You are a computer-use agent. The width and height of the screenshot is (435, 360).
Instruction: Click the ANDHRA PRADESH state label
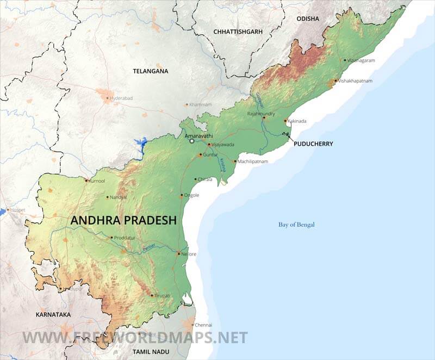point(124,220)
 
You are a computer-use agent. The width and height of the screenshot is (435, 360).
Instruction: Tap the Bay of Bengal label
point(296,225)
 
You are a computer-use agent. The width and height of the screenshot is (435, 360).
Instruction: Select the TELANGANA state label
point(151,71)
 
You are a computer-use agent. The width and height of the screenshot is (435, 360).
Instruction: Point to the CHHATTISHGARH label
point(238,32)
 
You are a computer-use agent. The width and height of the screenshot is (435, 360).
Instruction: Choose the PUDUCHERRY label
point(313,144)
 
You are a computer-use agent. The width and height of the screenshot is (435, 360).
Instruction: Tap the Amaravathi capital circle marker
point(191,141)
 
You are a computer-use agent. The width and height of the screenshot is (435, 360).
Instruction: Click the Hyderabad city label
point(121,98)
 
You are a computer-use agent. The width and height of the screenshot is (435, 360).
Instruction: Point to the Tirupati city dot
point(152,295)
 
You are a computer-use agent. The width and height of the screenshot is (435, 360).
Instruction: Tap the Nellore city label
point(189,254)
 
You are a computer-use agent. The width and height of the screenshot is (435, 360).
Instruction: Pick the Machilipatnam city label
point(253,162)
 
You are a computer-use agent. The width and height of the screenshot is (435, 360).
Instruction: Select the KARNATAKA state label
point(53,315)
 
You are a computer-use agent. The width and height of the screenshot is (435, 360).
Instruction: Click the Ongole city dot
point(182,195)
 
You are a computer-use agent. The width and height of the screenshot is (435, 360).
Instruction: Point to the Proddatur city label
point(127,238)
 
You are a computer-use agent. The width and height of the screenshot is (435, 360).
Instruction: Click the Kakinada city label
point(298,121)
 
